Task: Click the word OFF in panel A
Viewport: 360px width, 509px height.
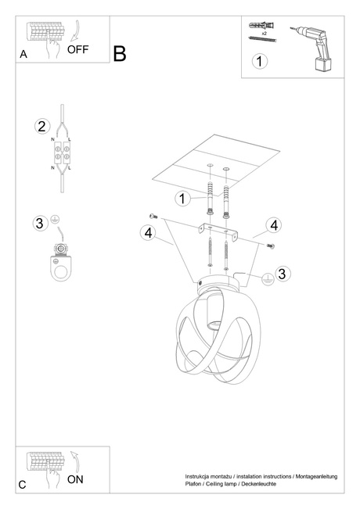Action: [79, 49]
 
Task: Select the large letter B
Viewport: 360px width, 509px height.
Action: [119, 53]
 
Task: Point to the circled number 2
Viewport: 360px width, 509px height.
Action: [42, 126]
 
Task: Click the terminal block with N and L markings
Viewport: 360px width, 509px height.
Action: [61, 153]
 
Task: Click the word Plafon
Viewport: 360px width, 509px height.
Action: [194, 485]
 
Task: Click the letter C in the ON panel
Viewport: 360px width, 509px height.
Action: [23, 485]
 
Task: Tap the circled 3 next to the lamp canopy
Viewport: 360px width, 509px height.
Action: [283, 274]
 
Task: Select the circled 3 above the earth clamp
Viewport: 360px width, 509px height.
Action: [40, 224]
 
